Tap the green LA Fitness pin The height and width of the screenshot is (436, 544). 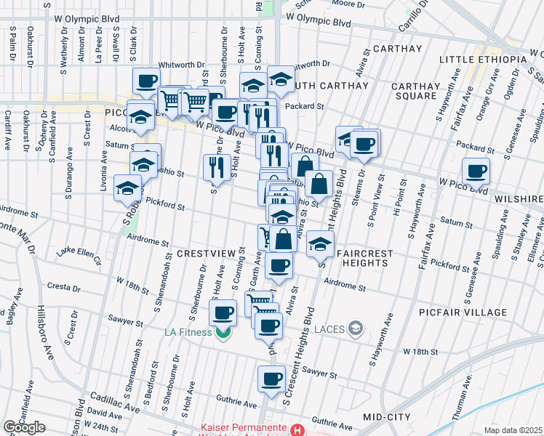tap(223, 333)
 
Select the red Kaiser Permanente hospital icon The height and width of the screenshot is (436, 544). tap(295, 429)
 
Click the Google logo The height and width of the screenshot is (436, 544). tap(24, 427)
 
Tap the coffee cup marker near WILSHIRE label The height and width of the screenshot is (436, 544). tap(476, 171)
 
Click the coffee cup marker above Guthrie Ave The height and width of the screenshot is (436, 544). tap(272, 378)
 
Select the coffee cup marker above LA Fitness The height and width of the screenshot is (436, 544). tap(223, 313)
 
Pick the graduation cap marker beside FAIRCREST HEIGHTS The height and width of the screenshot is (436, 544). tap(319, 243)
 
